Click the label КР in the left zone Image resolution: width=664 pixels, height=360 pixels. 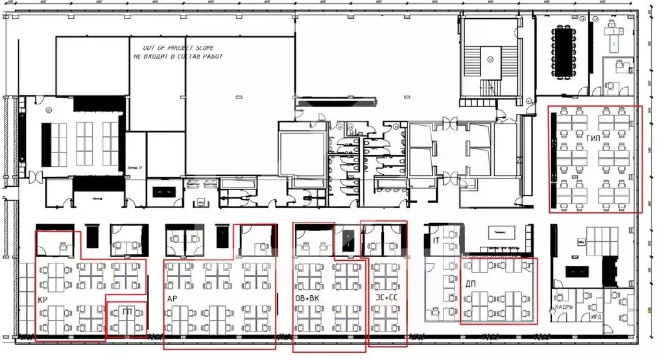pos(42,300)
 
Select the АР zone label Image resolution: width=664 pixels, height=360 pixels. pos(172,299)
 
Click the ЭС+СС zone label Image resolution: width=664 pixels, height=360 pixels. pos(387,298)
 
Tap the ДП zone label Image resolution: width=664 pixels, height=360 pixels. pos(471,283)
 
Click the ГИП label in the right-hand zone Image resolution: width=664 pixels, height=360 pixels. pos(592,139)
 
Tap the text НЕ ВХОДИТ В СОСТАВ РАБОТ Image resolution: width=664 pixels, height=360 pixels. pos(178,56)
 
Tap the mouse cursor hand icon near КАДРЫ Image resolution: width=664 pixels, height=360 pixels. pos(552,311)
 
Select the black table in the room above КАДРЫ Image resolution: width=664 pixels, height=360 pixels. pos(576,270)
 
